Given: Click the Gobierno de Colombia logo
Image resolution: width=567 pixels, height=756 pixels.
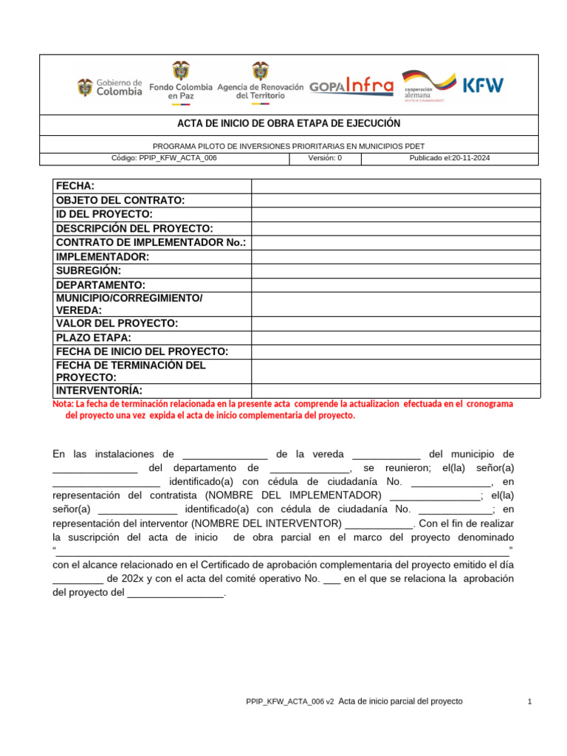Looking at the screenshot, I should (x=110, y=87).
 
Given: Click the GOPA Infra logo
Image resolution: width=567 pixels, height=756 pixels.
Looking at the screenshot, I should (x=351, y=86).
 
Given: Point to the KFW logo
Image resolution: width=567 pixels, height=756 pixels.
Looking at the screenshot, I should (x=483, y=85).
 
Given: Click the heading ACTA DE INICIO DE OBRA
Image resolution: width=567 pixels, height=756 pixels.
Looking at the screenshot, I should (x=289, y=124).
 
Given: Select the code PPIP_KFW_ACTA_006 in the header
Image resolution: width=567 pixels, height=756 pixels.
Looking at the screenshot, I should (x=163, y=158).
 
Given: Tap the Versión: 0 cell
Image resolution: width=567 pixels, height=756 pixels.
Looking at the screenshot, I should (x=325, y=158).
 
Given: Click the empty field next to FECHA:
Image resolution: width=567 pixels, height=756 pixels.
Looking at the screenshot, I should (x=396, y=186).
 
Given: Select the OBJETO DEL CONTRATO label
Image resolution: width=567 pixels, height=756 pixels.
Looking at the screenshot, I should (x=120, y=200).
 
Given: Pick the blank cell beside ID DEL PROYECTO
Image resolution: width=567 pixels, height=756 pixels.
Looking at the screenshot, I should (x=396, y=214).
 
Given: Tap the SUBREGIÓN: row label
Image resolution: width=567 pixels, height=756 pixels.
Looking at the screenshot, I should (x=89, y=271).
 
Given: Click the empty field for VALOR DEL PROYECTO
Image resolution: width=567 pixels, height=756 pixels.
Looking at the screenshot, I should (x=396, y=323).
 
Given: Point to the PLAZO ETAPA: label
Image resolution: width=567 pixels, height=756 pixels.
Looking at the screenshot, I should (x=94, y=337).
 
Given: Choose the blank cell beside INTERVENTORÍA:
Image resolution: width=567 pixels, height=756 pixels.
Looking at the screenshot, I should (x=396, y=391).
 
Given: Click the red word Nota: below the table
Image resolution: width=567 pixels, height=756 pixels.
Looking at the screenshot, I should (x=63, y=405).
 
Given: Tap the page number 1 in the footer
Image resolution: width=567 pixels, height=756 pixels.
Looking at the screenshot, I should (x=530, y=701).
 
